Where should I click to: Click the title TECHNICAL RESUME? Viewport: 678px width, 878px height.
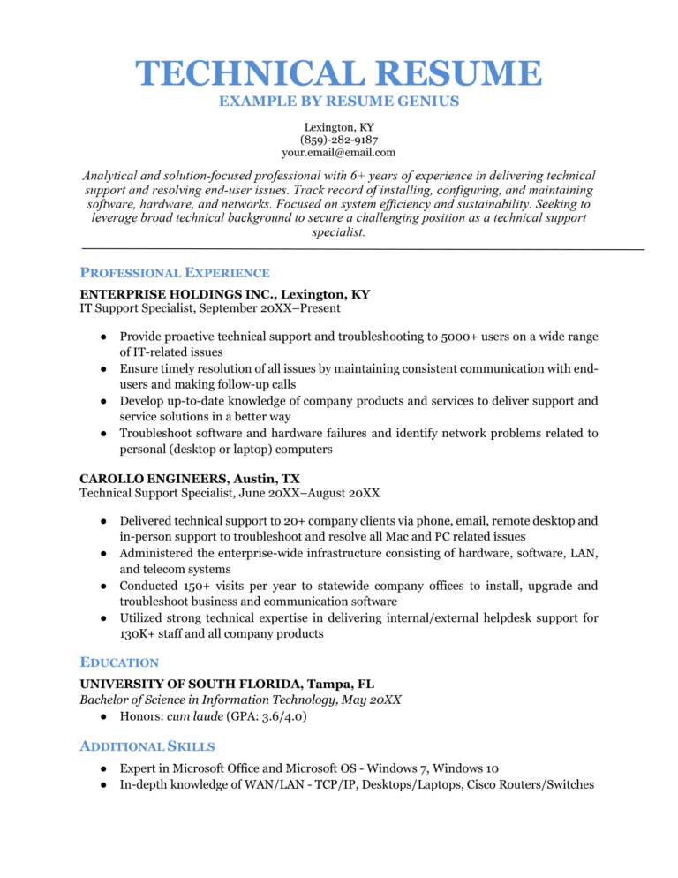[339, 74]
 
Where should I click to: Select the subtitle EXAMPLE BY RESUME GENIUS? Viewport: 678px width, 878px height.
[339, 102]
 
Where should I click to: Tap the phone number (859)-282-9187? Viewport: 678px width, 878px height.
[339, 140]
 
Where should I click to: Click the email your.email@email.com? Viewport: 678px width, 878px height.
[339, 152]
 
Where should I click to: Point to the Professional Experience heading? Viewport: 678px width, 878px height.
[175, 273]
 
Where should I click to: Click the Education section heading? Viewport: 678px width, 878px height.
[119, 662]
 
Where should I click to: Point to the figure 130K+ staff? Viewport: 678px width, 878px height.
[138, 633]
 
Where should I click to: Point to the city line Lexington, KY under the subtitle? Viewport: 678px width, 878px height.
[339, 127]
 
